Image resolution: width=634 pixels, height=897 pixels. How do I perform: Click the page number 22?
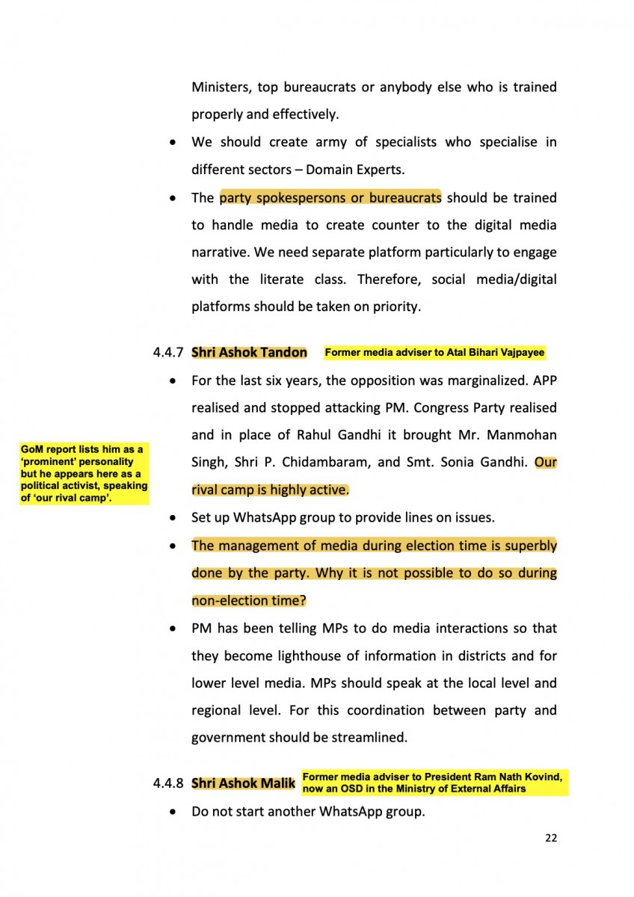click(x=551, y=838)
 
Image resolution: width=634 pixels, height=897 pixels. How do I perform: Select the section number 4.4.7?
click(x=169, y=353)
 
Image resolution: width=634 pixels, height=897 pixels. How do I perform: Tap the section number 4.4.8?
click(x=169, y=783)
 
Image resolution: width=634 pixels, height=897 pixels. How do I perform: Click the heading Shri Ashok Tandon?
click(x=249, y=352)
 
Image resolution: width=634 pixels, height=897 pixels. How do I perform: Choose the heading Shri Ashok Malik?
click(x=243, y=783)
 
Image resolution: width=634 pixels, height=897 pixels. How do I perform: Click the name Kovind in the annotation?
click(x=543, y=777)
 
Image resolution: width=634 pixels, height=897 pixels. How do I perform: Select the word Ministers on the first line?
click(x=221, y=87)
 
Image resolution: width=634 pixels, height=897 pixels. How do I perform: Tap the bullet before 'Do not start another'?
click(x=173, y=812)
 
